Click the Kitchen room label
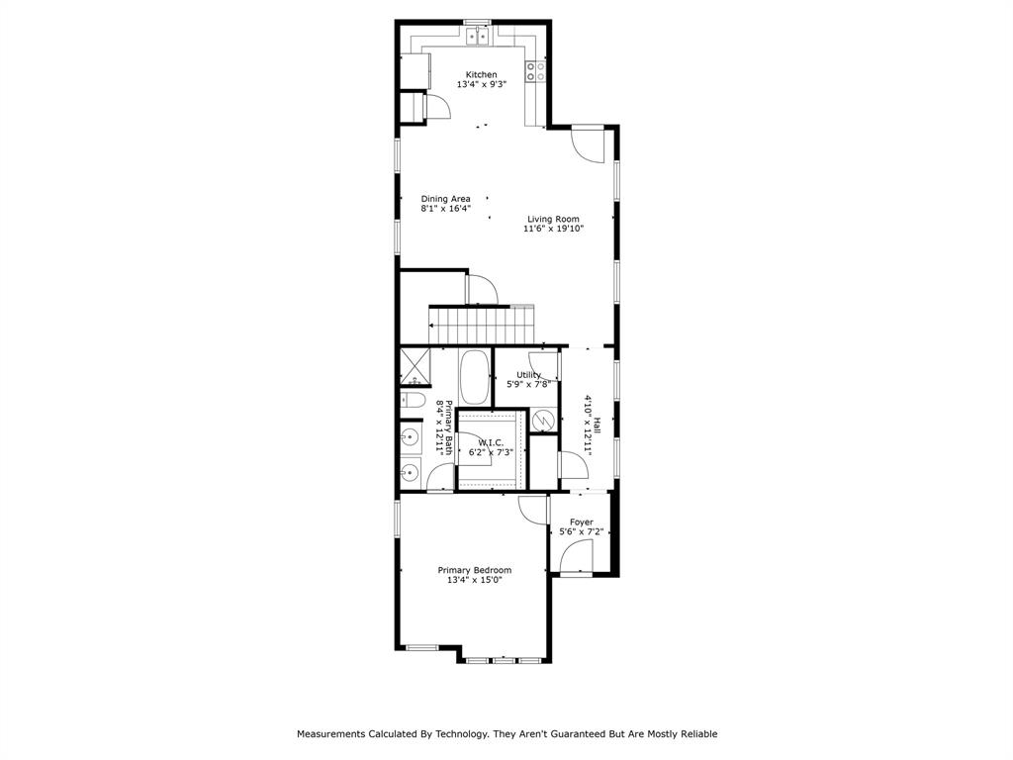pos(482,74)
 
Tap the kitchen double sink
pos(478,37)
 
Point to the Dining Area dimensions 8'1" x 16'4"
pos(445,209)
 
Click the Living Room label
pos(553,219)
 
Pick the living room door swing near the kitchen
pos(588,146)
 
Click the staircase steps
pos(480,323)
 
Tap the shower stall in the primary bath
pos(414,367)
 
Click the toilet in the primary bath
pos(412,401)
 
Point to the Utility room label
pos(529,375)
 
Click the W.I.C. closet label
pos(491,442)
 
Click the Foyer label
pos(582,522)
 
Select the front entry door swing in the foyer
pos(576,558)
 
